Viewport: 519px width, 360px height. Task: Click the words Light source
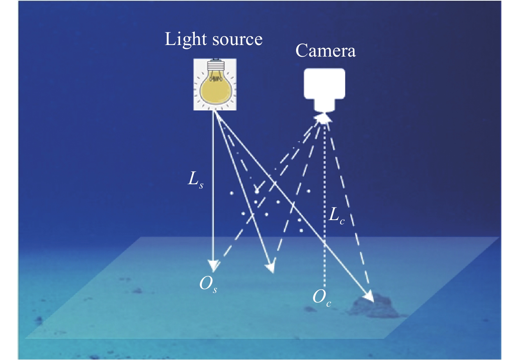(x=213, y=39)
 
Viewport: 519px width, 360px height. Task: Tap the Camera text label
(x=325, y=51)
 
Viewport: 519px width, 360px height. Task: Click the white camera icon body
(x=324, y=83)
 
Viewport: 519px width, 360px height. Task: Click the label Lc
(x=336, y=215)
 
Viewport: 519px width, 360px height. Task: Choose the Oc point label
(x=322, y=298)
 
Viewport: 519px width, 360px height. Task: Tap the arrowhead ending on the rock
(x=369, y=297)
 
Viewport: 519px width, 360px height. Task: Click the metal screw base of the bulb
(x=214, y=66)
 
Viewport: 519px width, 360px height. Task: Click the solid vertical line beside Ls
(x=213, y=158)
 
